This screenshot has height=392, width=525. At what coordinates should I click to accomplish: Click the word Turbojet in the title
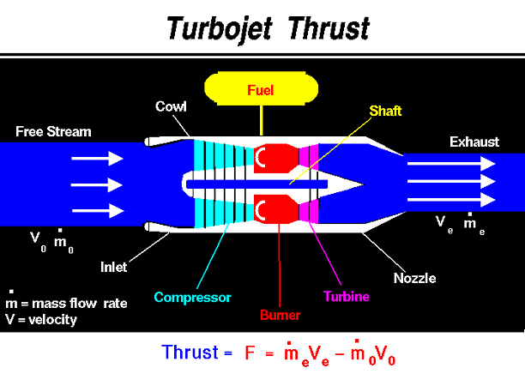pos(220,29)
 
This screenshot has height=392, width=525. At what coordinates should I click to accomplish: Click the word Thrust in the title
pos(329,28)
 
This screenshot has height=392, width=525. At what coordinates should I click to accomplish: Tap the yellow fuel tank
pos(261,88)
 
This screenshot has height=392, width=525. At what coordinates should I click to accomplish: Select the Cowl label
pos(171,106)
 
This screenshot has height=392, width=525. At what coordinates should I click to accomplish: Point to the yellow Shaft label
pos(385,111)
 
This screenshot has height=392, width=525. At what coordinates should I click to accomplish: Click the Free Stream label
pos(53,131)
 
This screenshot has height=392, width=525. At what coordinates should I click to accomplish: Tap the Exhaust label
pos(474,142)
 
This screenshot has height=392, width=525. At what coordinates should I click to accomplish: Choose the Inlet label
pos(114,267)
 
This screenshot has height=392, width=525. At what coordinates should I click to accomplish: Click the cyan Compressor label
pos(192,298)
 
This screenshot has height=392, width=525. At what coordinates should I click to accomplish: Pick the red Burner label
pos(281,315)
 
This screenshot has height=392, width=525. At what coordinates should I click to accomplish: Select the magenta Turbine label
pos(347,297)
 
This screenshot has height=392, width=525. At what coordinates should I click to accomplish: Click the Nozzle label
pos(415,278)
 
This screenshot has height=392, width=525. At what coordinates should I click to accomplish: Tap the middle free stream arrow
pos(97,184)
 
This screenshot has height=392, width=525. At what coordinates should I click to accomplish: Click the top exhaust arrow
pos(451,164)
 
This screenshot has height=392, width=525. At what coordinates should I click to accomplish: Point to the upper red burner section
pos(276,159)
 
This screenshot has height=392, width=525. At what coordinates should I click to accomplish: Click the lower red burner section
pos(276,209)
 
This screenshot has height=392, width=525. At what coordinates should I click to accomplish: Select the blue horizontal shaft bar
pos(256,184)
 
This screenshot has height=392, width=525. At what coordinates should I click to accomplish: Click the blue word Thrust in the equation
pos(190,353)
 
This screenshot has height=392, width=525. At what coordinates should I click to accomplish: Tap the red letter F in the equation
pos(250,353)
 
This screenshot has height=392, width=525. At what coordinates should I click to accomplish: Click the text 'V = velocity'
pos(41,320)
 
